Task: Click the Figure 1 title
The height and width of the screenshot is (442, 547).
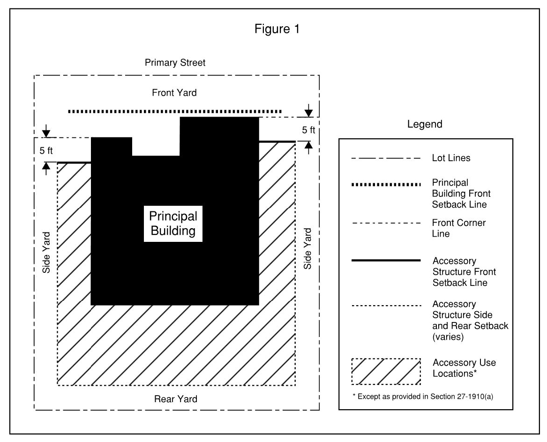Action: coord(277,29)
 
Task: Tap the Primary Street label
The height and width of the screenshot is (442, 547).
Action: coord(175,62)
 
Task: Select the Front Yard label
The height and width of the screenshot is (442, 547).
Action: coord(174,93)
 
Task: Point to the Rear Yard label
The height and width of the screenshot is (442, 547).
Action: coord(176,399)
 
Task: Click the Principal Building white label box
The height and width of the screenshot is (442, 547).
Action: coord(173,224)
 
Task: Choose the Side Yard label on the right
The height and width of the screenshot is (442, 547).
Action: coord(307,248)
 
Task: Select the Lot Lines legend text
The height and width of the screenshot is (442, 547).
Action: coord(451,158)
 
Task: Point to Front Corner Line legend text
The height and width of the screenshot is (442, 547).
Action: coord(459,228)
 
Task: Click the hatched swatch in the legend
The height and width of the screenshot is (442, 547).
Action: coord(386,372)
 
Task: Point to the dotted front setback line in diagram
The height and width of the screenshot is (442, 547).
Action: coord(174,112)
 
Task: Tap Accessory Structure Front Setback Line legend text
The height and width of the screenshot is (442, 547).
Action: coord(464,272)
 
